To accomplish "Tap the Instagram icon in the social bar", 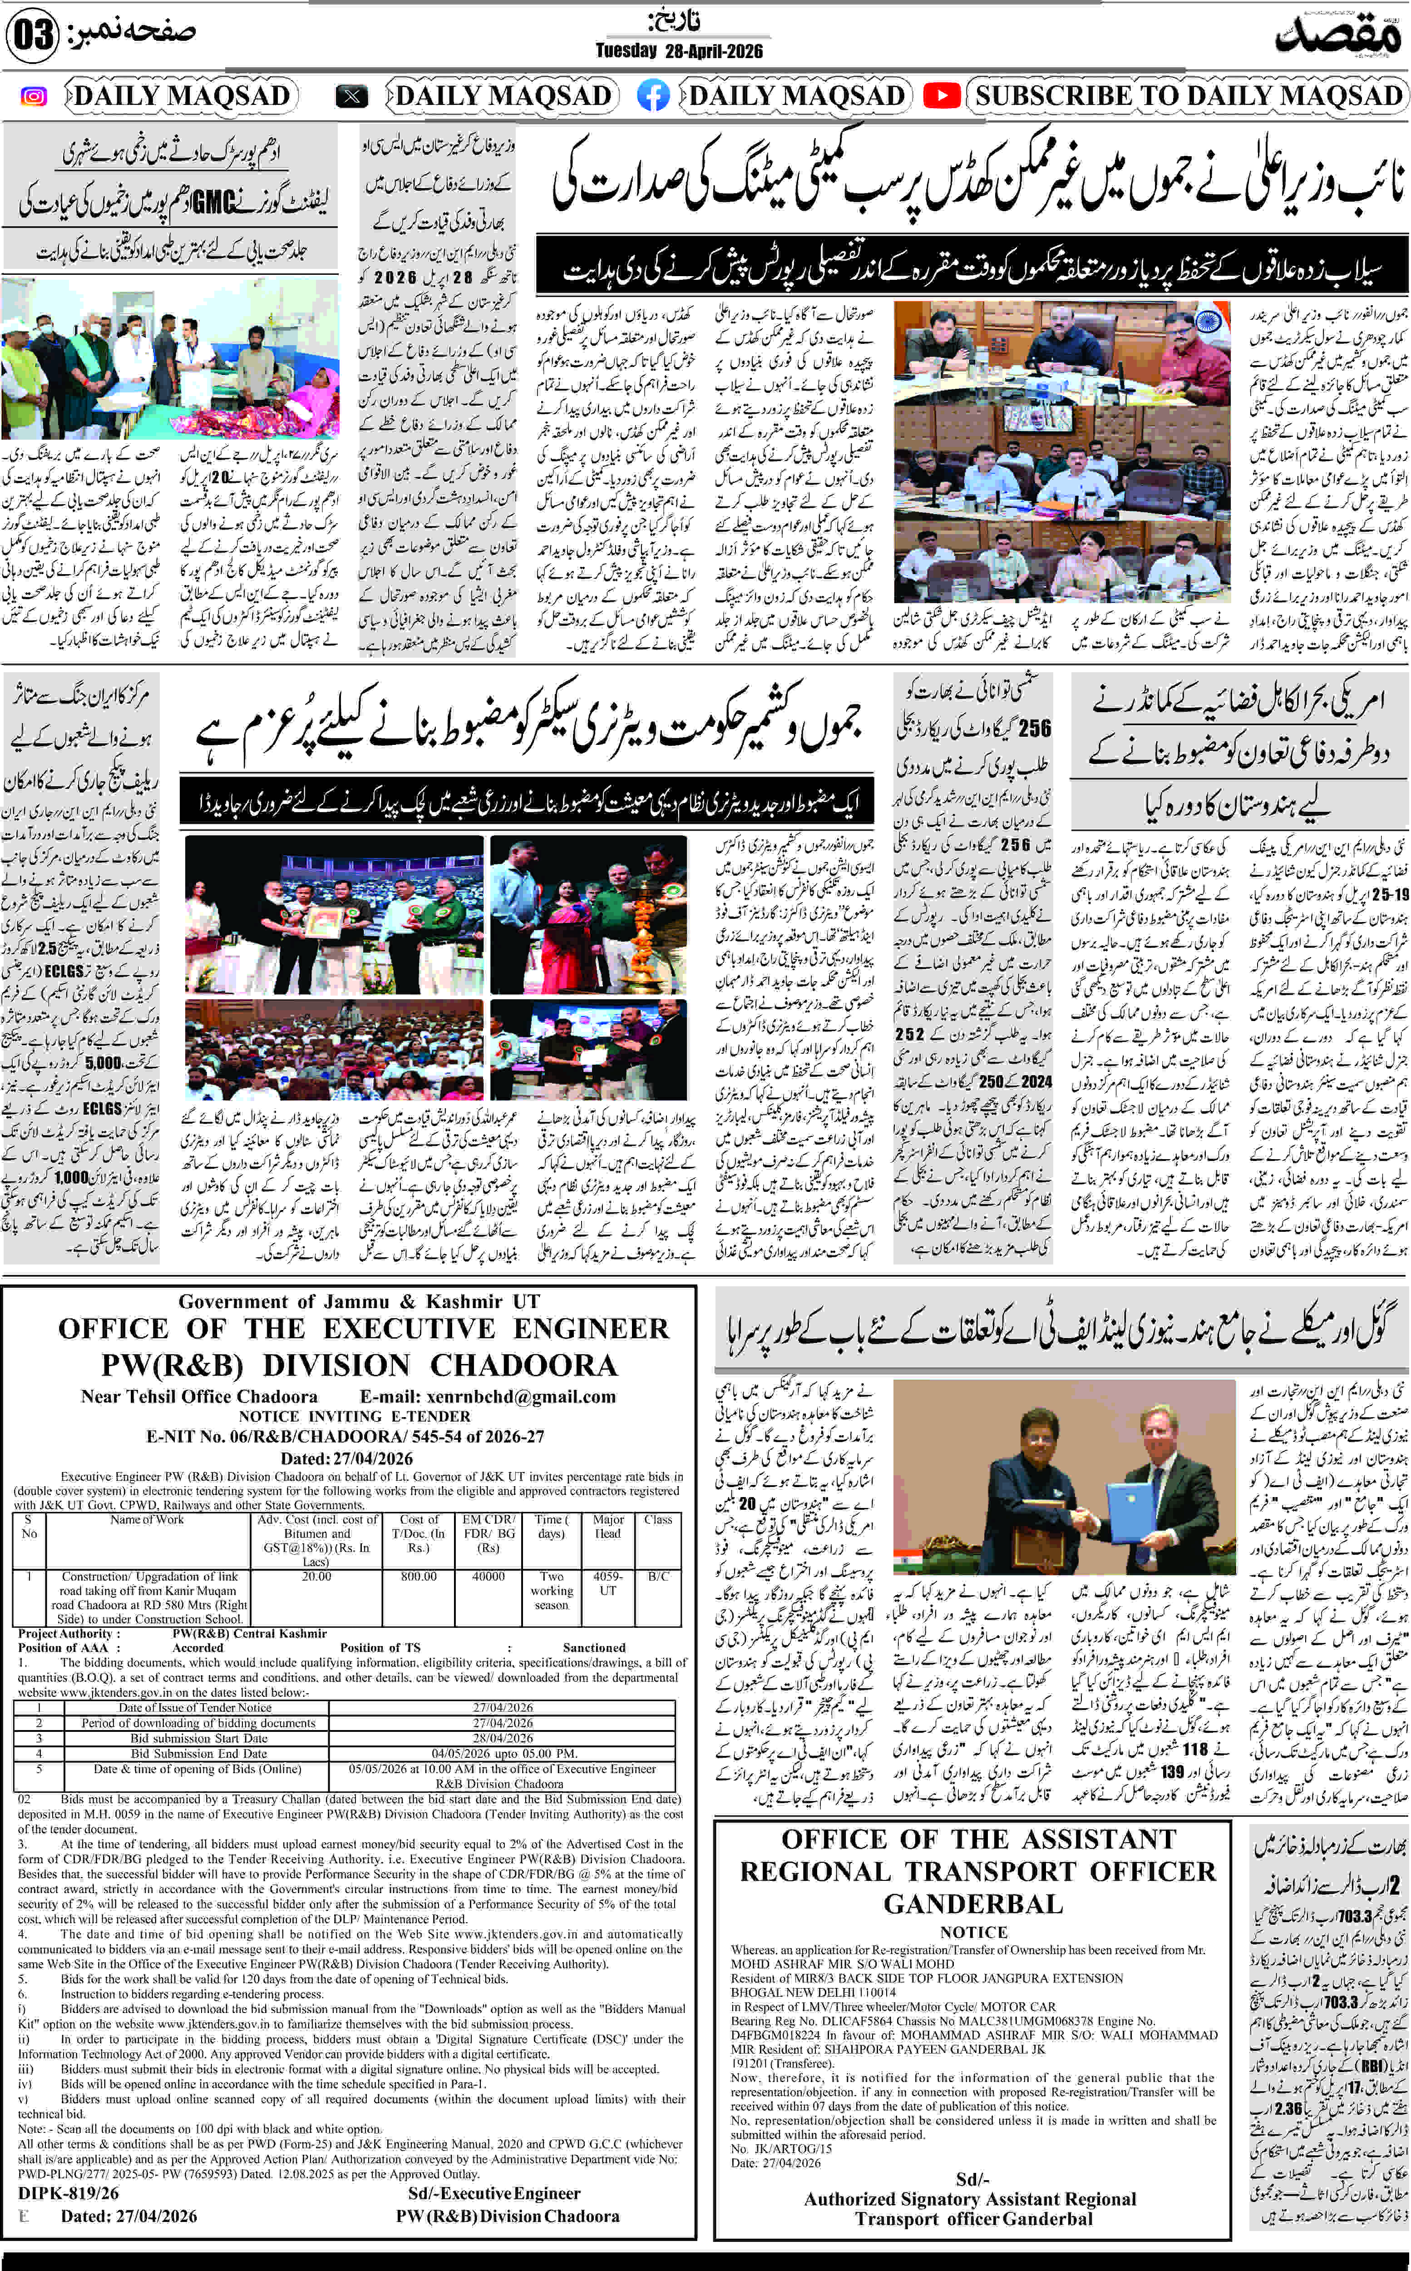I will coord(34,96).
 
